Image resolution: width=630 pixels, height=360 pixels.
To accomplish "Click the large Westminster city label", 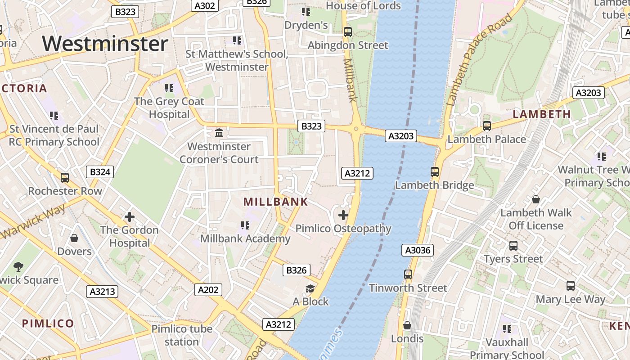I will click(x=105, y=44).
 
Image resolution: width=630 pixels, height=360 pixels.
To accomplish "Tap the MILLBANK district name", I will click(x=276, y=202).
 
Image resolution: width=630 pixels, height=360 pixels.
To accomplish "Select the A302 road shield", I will click(x=205, y=5).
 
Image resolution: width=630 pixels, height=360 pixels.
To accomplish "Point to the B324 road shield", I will click(x=100, y=172).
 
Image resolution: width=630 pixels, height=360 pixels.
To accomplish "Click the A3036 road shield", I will click(x=418, y=250).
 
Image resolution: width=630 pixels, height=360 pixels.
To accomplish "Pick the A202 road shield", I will click(x=209, y=290).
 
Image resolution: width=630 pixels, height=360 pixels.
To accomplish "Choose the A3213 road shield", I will click(x=103, y=292).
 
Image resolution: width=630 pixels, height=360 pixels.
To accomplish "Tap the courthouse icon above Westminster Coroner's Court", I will click(x=220, y=133).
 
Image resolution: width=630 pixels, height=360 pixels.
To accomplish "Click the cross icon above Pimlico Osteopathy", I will click(x=343, y=215).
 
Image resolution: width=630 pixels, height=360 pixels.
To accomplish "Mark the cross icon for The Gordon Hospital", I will click(x=130, y=217).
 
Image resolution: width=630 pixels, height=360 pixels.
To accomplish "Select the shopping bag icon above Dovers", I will click(x=74, y=238).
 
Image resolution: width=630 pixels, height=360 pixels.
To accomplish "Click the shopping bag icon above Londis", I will click(x=407, y=325).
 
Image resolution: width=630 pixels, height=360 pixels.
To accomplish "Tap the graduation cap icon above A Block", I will click(x=310, y=288).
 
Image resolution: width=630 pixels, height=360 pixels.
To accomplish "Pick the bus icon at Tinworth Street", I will click(x=408, y=274).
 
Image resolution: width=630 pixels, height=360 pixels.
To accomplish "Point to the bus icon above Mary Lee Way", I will click(x=571, y=286).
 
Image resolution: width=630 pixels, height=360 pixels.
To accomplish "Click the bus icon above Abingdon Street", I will click(x=347, y=32).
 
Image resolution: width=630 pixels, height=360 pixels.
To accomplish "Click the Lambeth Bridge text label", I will click(x=434, y=185).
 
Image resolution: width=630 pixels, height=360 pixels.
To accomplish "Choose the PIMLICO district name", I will click(x=48, y=324).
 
